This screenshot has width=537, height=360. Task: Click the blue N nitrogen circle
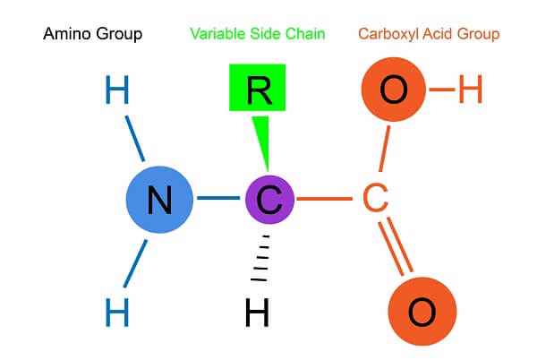click(159, 200)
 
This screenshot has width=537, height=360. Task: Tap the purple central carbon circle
click(270, 200)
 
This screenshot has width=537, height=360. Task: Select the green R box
click(257, 88)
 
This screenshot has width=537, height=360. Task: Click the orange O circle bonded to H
click(394, 90)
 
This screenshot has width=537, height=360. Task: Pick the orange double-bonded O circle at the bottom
click(422, 312)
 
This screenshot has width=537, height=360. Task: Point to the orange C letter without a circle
click(375, 198)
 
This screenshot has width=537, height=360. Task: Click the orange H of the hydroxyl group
click(470, 89)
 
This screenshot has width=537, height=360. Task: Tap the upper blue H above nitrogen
click(116, 90)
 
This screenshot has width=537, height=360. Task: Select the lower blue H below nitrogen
click(116, 312)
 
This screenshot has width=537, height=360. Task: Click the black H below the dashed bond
click(257, 312)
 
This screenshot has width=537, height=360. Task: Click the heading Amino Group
click(93, 34)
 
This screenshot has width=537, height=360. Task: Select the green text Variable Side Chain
click(258, 34)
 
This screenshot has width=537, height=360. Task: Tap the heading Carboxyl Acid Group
click(429, 34)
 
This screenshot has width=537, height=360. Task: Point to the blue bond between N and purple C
click(218, 198)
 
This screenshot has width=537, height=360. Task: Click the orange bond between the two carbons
click(325, 199)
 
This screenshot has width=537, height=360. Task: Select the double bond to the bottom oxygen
click(396, 246)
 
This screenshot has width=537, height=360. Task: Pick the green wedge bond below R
click(262, 143)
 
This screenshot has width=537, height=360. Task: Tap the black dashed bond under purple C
click(260, 258)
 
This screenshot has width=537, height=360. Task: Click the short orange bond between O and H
click(442, 90)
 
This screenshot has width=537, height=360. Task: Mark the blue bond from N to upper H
click(134, 139)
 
